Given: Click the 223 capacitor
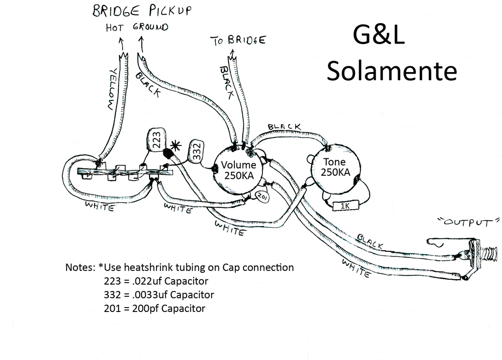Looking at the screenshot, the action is click(x=156, y=140).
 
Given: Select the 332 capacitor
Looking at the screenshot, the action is click(x=196, y=150).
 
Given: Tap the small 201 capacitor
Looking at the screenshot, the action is click(x=262, y=197).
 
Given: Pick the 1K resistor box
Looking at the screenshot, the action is click(x=346, y=206).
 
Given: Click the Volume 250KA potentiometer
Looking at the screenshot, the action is click(x=238, y=170).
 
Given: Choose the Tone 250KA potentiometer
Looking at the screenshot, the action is click(x=335, y=168).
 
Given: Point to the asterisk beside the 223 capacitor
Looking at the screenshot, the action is click(x=176, y=146).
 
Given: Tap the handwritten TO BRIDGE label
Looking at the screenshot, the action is click(x=238, y=40).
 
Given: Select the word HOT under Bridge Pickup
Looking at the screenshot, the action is click(x=114, y=28).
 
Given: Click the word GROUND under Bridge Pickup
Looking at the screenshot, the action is click(x=151, y=27).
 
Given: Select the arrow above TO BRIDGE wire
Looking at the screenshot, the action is click(x=232, y=53).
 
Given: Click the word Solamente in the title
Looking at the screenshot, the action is click(x=392, y=71).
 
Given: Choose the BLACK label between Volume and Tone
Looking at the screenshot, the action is click(x=284, y=127).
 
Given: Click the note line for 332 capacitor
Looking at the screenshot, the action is click(x=159, y=295).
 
